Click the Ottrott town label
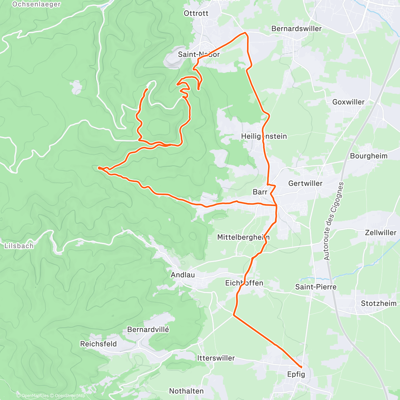click(x=196, y=13)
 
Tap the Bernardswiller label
click(x=296, y=29)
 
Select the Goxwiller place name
click(x=348, y=102)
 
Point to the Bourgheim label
click(x=369, y=156)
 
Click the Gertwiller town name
click(x=305, y=183)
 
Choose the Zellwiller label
click(x=381, y=233)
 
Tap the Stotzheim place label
click(x=379, y=303)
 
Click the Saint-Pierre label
click(x=316, y=287)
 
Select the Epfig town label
click(x=296, y=374)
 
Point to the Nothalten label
click(x=186, y=391)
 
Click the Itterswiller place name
click(x=216, y=358)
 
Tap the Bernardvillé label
click(x=148, y=330)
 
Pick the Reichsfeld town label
click(x=98, y=344)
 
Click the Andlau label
click(x=183, y=275)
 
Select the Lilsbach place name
click(x=19, y=246)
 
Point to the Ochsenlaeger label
click(x=36, y=4)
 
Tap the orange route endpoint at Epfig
click(x=301, y=367)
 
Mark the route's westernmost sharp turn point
click(x=99, y=168)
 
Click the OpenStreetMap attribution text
click(x=70, y=396)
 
